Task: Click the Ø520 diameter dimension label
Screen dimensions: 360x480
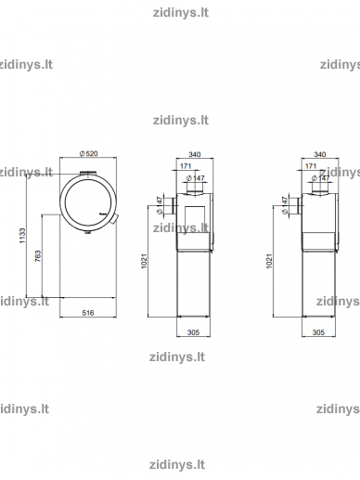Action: point(89,153)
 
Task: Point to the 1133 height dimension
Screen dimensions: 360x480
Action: point(22,236)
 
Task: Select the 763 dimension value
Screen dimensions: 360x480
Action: point(38,256)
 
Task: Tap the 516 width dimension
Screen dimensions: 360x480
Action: point(88,313)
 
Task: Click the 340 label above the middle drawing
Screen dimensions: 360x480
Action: point(195,154)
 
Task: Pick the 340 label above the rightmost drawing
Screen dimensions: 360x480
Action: point(320,154)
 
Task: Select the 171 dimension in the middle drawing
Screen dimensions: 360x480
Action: point(186,166)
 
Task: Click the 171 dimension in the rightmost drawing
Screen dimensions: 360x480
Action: point(311,166)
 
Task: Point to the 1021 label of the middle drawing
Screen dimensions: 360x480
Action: point(144,261)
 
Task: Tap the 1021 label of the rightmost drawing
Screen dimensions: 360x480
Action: point(269,261)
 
